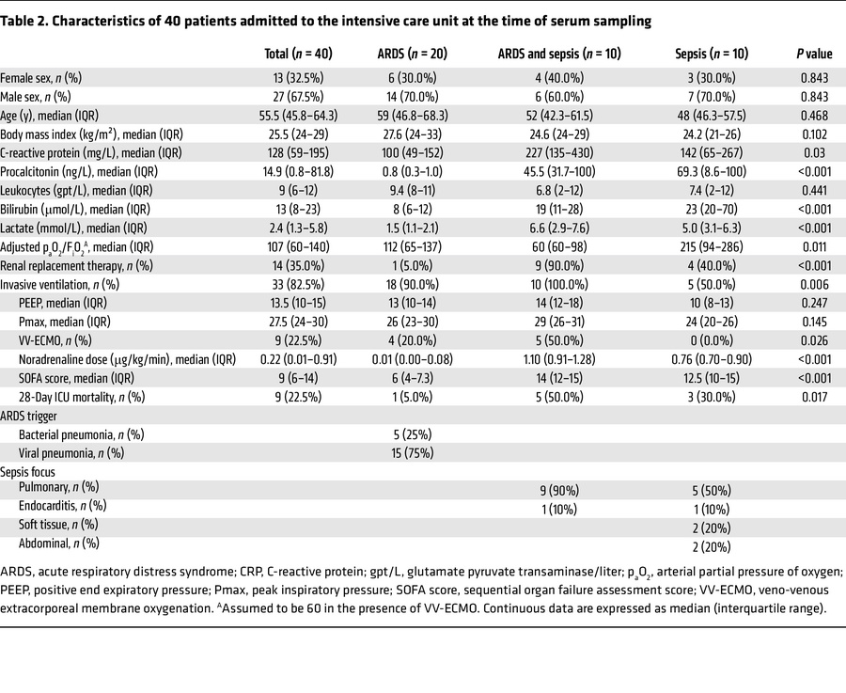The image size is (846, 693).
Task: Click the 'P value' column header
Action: point(813,54)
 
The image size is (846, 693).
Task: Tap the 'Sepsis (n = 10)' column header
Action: point(711,54)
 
